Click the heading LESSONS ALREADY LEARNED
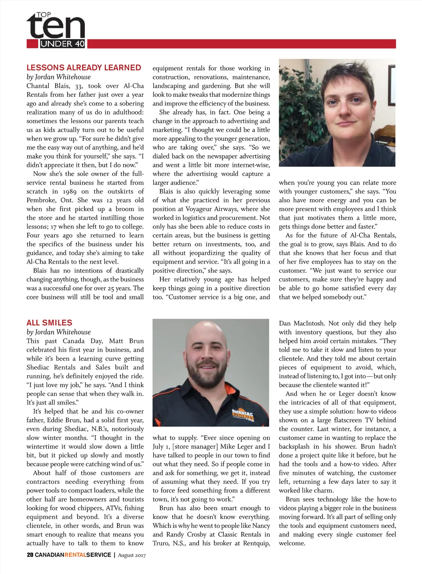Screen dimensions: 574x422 coord(84,68)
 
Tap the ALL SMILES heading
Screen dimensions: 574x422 coord(49,323)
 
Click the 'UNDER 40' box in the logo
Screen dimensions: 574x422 coord(62,44)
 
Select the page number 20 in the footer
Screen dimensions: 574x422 coord(30,555)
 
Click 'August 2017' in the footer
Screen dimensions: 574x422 coord(132,555)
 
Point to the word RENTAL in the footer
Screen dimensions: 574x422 coord(75,555)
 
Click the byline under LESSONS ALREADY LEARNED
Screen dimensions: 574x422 coord(59,77)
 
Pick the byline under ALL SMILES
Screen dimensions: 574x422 coord(59,332)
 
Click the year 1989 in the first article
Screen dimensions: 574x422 coord(70,191)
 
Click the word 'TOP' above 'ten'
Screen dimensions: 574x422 coord(44,15)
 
